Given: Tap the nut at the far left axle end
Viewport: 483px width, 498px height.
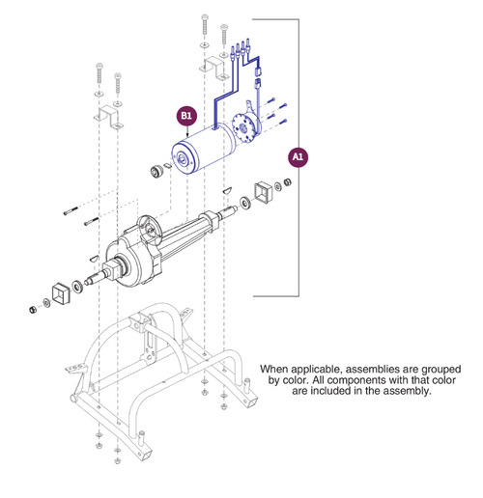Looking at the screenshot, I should [x=31, y=307].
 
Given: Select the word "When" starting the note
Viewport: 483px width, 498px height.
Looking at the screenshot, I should [x=276, y=369].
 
